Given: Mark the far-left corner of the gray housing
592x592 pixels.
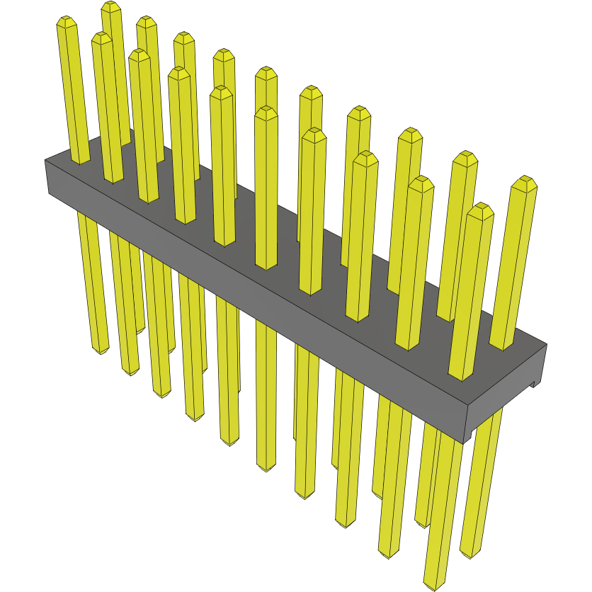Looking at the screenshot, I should (x=45, y=161).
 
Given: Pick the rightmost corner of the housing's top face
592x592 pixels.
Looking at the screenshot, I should (x=547, y=345).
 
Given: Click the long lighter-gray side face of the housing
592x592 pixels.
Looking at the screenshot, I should (x=255, y=297).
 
